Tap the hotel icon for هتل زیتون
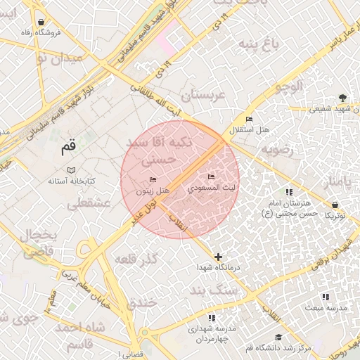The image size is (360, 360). point(153,181)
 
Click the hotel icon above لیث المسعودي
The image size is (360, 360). point(211,176)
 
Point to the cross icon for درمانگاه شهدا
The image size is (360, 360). point(219,257)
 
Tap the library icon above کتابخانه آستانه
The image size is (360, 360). point(70,171)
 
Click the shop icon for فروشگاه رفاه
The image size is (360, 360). point(41,22)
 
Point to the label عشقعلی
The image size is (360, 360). point(89,203)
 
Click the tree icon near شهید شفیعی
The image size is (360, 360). point(342,98)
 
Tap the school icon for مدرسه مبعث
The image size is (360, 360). point(325,297)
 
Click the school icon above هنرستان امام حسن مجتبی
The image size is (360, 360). point(288,192)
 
